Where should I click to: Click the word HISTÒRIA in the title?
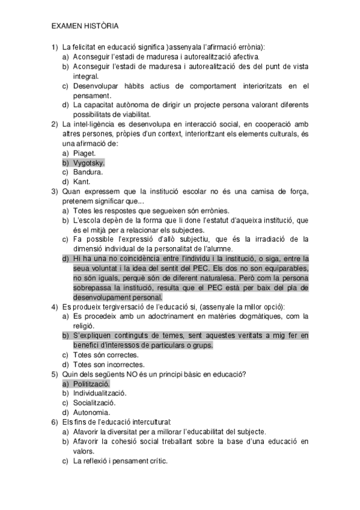(x=99, y=26)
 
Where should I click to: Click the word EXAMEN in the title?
(x=64, y=26)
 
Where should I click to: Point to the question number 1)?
(x=54, y=47)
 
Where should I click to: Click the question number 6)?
(x=54, y=422)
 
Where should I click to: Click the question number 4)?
(x=54, y=307)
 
